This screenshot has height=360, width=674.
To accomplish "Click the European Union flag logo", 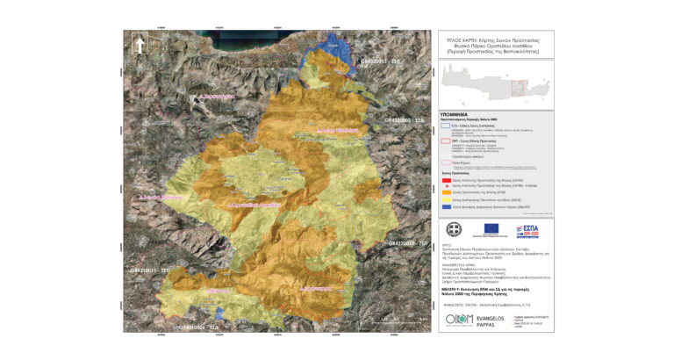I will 490,230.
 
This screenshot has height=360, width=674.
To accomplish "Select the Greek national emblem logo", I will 454,229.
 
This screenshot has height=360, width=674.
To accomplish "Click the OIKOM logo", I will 459,320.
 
